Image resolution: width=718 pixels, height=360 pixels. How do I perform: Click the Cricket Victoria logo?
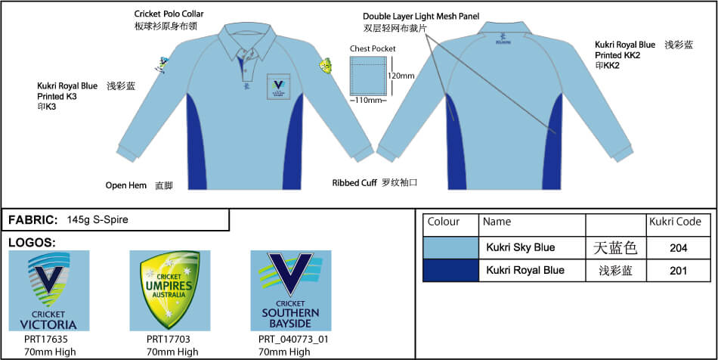[x=49, y=290]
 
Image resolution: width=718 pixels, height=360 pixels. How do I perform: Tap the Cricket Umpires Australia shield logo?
[x=169, y=290]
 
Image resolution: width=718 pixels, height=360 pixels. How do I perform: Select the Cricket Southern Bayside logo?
[x=291, y=290]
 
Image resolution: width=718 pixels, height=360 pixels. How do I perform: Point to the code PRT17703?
[x=168, y=340]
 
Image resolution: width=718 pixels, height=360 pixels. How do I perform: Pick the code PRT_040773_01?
[x=293, y=340]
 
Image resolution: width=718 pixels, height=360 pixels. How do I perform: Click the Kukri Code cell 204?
[x=678, y=247]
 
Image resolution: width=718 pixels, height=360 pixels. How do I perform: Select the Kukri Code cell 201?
[x=678, y=271]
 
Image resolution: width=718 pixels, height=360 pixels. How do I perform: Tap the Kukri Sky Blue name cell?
[x=520, y=247]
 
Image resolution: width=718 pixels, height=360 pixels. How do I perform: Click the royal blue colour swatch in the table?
[x=450, y=271]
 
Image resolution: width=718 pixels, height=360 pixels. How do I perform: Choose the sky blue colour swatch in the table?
[x=450, y=247]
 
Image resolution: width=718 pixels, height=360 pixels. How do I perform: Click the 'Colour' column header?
[x=444, y=222]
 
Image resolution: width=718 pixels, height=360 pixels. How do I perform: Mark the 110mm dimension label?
[x=371, y=100]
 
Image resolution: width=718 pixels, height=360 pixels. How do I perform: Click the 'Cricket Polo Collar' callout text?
[x=169, y=14]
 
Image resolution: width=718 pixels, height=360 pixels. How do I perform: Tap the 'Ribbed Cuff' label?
[x=354, y=183]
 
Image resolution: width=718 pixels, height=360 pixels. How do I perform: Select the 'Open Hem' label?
[x=125, y=185]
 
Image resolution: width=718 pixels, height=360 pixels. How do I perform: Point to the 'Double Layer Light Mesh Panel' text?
[x=421, y=16]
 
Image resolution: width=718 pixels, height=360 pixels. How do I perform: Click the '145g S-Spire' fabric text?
[x=97, y=220]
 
